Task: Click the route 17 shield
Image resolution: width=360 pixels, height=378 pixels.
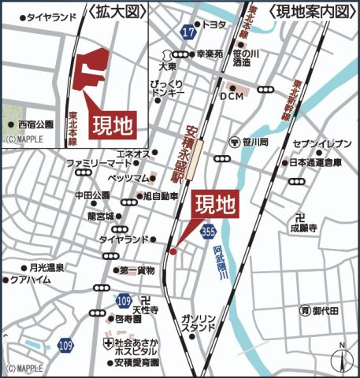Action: [187, 31]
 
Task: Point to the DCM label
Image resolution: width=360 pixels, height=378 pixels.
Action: [232, 96]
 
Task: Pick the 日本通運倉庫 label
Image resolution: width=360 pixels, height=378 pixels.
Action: [315, 164]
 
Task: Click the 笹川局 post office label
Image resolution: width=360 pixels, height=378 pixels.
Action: [255, 143]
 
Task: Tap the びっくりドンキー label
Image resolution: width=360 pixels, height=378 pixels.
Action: [165, 87]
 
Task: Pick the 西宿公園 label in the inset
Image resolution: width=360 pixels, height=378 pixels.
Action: [35, 124]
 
